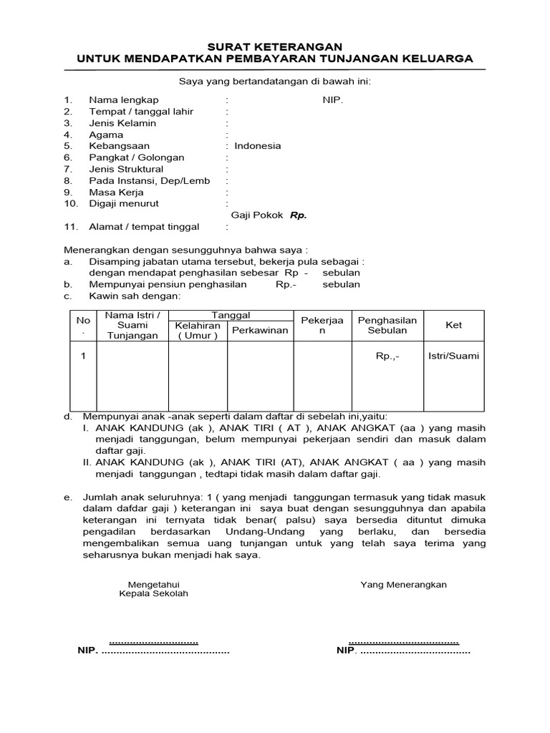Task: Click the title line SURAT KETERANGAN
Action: [x=275, y=46]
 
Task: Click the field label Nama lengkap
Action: [x=123, y=100]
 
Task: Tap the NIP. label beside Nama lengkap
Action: [x=333, y=100]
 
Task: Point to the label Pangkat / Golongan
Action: [x=136, y=157]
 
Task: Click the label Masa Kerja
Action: [x=116, y=192]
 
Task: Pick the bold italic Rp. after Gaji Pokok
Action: [x=298, y=215]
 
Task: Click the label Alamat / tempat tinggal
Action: [x=144, y=227]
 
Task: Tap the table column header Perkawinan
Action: [x=260, y=330]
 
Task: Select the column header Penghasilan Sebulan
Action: [x=387, y=325]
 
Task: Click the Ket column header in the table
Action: [x=453, y=325]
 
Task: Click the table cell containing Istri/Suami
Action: [x=453, y=356]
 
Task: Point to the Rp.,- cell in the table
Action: [x=387, y=356]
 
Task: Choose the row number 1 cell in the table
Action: [x=83, y=356]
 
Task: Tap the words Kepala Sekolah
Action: [x=153, y=594]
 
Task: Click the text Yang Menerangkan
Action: [x=403, y=584]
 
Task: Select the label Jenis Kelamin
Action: [x=122, y=123]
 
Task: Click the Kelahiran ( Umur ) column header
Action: [x=198, y=330]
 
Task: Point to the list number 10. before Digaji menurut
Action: [x=70, y=203]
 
